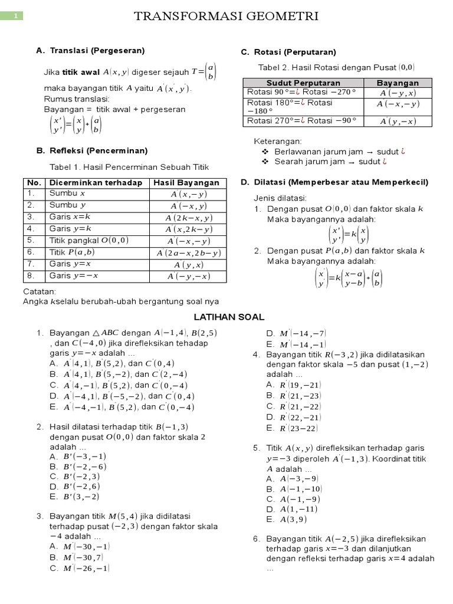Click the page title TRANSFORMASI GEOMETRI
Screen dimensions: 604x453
click(226, 17)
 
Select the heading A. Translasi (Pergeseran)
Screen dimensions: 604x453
click(90, 51)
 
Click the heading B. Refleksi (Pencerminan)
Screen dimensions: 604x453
click(91, 151)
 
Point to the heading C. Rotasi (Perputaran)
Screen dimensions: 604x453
click(288, 52)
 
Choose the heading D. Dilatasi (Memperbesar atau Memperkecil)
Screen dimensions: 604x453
click(334, 182)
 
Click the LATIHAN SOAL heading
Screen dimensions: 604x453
click(226, 317)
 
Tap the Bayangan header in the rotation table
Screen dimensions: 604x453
click(398, 83)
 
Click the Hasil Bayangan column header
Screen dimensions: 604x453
click(186, 183)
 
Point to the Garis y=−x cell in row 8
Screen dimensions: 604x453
click(73, 275)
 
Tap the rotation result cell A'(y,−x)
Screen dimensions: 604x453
click(398, 121)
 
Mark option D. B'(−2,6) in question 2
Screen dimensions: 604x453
click(75, 486)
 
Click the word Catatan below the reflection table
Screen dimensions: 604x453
click(40, 291)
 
